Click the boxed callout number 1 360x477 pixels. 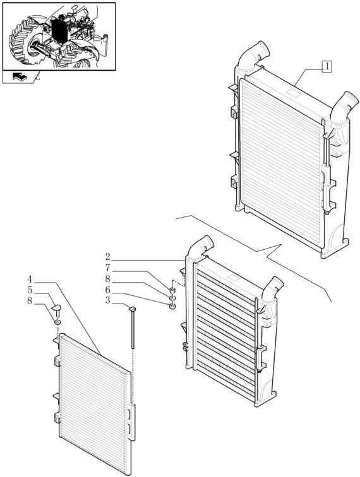pos(327,67)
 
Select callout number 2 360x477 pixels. pos(107,257)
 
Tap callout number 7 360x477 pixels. pos(107,268)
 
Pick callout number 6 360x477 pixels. pos(107,290)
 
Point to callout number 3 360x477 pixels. pos(107,300)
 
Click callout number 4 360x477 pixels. pos(30,280)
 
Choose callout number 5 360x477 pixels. pos(30,290)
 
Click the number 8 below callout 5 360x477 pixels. pos(30,301)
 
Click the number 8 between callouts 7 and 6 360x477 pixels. pos(107,279)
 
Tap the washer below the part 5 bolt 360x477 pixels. pos(57,322)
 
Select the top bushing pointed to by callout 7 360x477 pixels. pos(172,289)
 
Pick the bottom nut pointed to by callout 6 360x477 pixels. pos(172,306)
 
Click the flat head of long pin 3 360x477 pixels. pos(133,309)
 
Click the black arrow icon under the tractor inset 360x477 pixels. pos(20,77)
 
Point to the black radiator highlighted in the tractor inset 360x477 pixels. pos(60,30)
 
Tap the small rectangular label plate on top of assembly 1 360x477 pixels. pos(293,91)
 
